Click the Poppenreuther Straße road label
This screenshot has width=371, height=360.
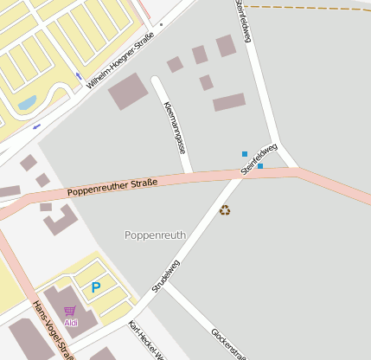(112, 185)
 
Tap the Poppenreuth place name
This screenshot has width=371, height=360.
(156, 235)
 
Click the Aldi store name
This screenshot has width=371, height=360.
(70, 322)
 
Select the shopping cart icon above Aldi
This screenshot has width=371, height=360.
(70, 310)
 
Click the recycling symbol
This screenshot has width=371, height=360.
(225, 209)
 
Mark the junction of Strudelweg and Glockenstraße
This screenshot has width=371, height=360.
(166, 282)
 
